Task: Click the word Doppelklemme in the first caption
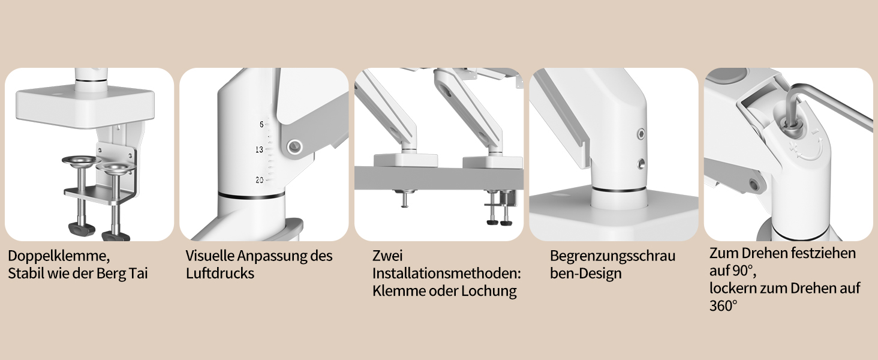pyautogui.click(x=58, y=256)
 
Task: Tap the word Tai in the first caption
pyautogui.click(x=138, y=274)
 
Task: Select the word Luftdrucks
pyautogui.click(x=220, y=274)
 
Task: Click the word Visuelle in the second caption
pyautogui.click(x=209, y=256)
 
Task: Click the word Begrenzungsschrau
pyautogui.click(x=613, y=256)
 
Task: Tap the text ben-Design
pyautogui.click(x=585, y=274)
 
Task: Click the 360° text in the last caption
pyautogui.click(x=723, y=306)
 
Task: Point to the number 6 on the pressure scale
pyautogui.click(x=261, y=124)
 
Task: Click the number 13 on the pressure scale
pyautogui.click(x=259, y=149)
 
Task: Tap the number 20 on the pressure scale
pyautogui.click(x=259, y=180)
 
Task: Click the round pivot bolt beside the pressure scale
pyautogui.click(x=294, y=147)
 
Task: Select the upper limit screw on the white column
pyautogui.click(x=641, y=134)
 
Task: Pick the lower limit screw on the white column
pyautogui.click(x=641, y=164)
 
